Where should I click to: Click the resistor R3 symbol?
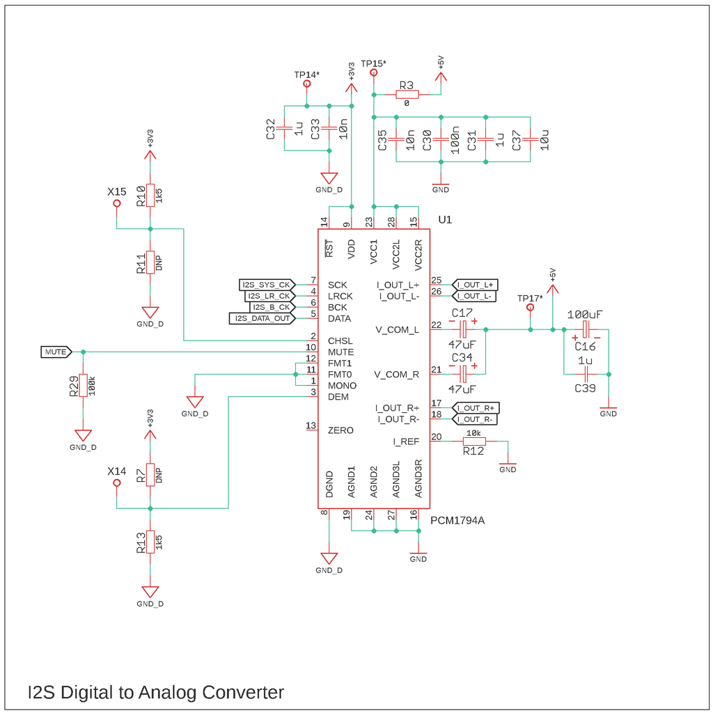407,95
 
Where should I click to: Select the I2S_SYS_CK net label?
266,285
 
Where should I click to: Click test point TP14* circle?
306,84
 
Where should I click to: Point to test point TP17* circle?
530,307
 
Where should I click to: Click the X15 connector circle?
116,203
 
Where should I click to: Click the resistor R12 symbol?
474,441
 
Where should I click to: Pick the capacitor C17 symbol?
463,329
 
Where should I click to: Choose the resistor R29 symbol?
83,385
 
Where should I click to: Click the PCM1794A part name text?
457,520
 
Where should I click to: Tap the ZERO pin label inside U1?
340,430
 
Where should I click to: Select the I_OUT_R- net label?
476,419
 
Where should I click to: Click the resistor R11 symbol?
150,263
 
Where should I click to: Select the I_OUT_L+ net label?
476,285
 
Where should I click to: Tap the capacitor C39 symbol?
586,374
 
